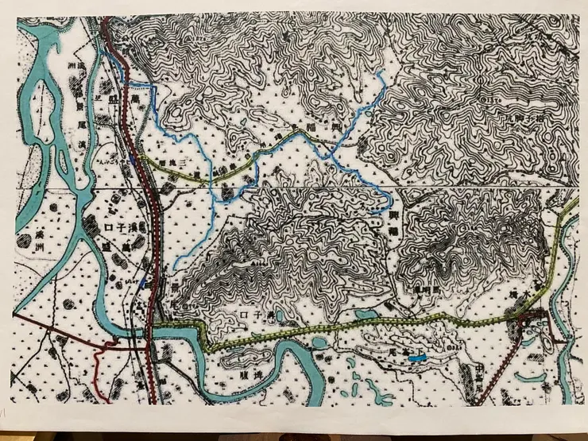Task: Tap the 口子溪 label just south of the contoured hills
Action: [x=253, y=315]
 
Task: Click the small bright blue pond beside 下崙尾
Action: [x=416, y=359]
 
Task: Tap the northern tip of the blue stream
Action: [x=383, y=73]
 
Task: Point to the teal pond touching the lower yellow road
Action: [x=367, y=315]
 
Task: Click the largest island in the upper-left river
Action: [x=48, y=103]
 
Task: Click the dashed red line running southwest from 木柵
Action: [x=497, y=373]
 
